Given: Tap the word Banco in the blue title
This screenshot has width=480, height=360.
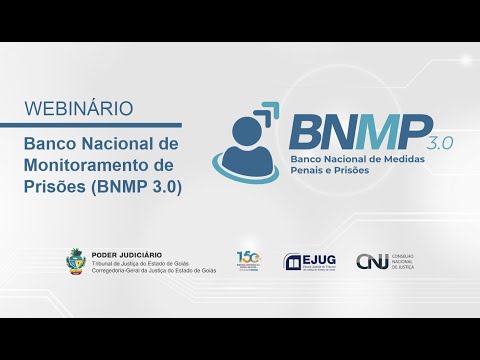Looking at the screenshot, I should click(x=51, y=145).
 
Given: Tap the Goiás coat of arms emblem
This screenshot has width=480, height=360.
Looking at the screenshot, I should click(x=74, y=263).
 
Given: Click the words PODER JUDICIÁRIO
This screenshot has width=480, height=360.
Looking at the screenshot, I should click(x=126, y=255).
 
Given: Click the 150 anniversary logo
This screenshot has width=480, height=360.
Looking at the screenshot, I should click(x=248, y=260).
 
